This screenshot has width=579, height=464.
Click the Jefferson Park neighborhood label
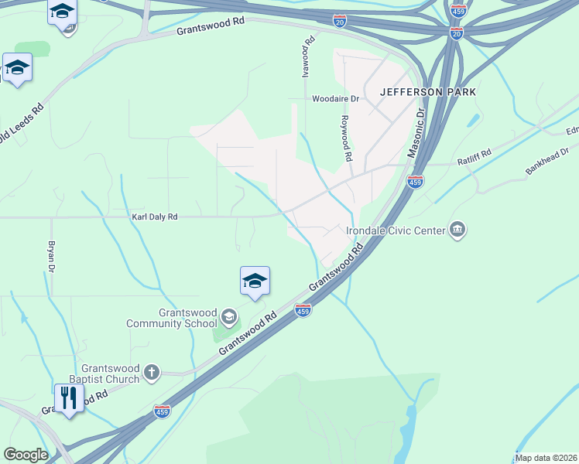[x=427, y=92]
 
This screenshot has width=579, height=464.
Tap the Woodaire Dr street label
[x=336, y=99]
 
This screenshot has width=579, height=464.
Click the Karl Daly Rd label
[x=154, y=217]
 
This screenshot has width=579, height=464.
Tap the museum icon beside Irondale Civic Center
[x=457, y=230]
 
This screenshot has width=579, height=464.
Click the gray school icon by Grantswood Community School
[x=228, y=316]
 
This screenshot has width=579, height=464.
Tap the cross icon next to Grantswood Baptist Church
[x=152, y=374]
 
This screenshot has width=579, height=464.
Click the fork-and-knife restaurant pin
[x=70, y=397]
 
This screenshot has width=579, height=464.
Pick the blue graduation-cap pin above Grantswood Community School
[x=255, y=281]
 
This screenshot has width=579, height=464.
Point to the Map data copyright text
[x=546, y=458]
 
